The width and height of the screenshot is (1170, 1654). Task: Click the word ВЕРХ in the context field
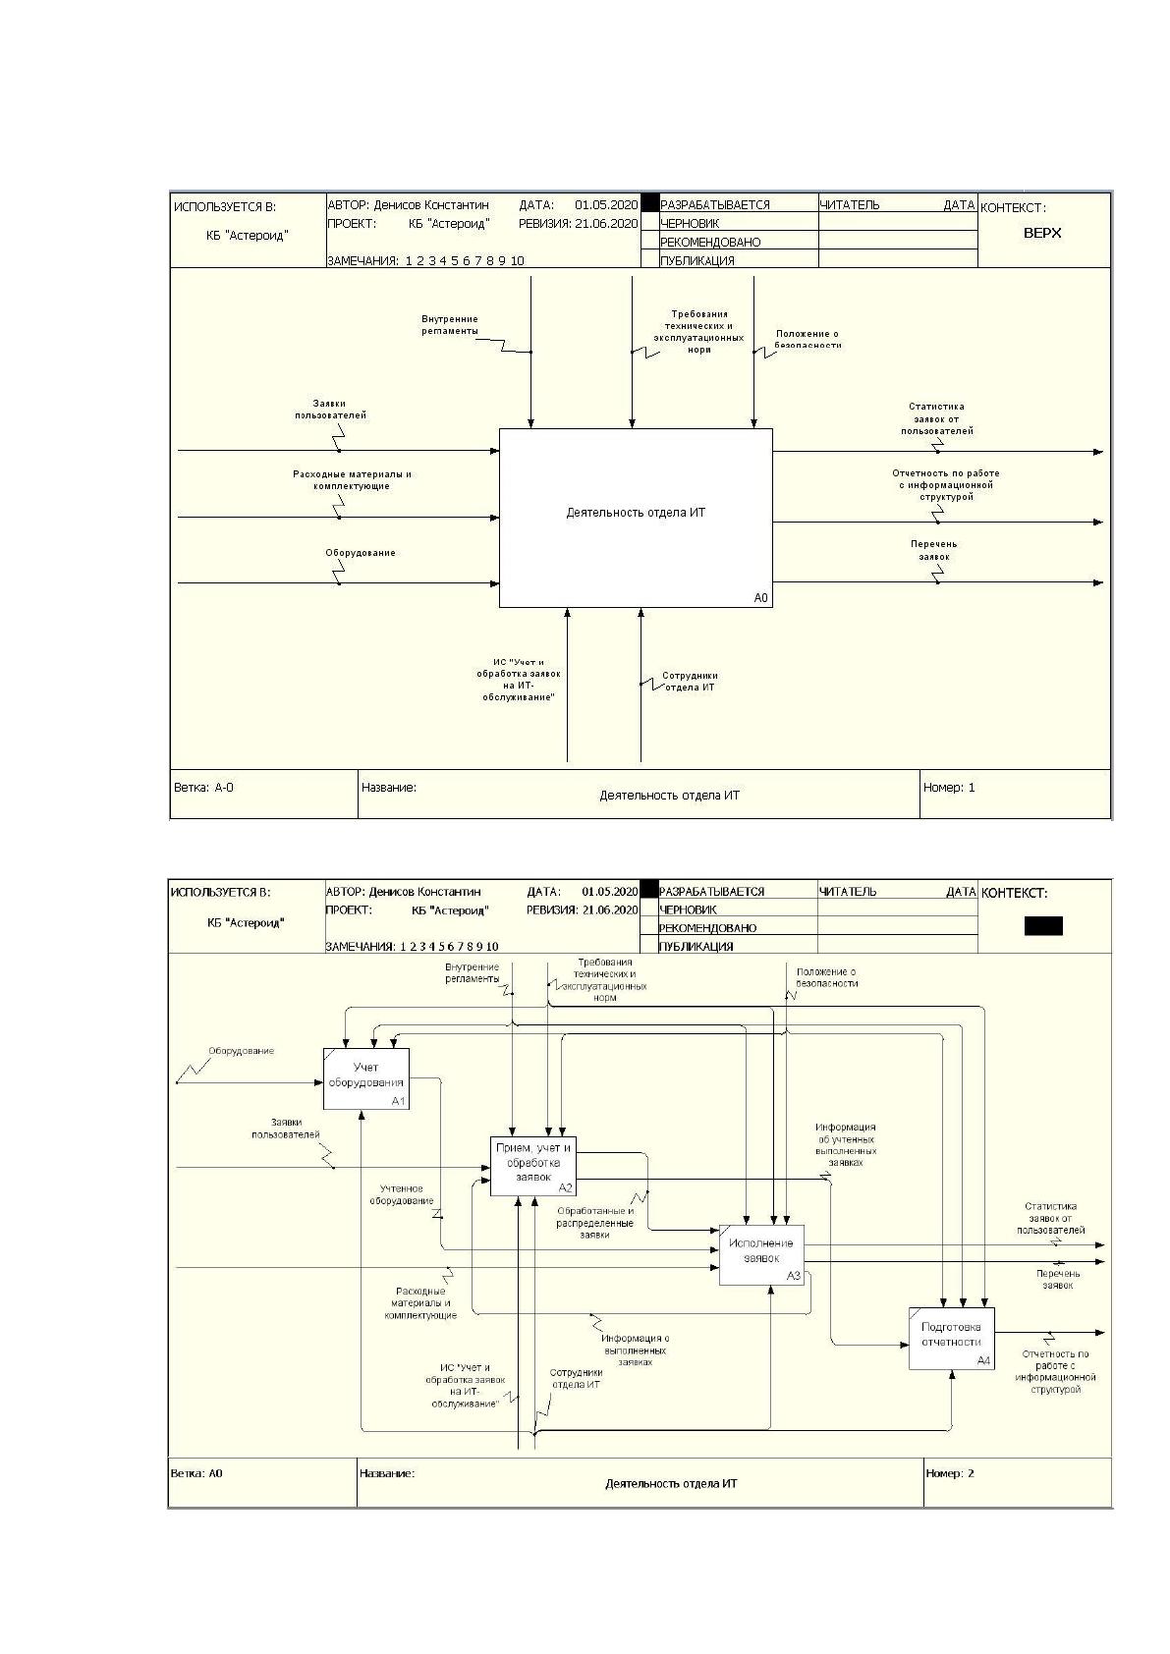pos(1042,234)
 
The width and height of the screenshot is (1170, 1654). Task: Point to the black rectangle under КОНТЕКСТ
pos(1043,925)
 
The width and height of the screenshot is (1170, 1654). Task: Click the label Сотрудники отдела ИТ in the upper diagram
pos(690,681)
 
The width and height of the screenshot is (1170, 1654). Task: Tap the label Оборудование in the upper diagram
pos(361,552)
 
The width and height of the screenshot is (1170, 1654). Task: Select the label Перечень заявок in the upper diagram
pos(933,550)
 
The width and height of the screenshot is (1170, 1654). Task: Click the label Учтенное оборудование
pos(402,1194)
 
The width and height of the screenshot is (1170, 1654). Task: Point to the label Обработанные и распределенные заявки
pos(595,1223)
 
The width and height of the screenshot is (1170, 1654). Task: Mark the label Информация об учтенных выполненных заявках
pos(846,1144)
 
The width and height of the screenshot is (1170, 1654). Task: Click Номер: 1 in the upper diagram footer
pos(949,787)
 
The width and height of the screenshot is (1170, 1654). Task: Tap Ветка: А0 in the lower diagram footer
pos(196,1473)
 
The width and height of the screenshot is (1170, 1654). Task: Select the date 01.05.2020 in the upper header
pos(606,204)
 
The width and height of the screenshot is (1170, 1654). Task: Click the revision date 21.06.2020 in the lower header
pos(610,910)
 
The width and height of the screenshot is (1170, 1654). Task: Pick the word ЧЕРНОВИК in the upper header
pos(690,223)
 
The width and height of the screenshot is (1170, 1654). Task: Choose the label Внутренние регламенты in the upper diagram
pos(450,325)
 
